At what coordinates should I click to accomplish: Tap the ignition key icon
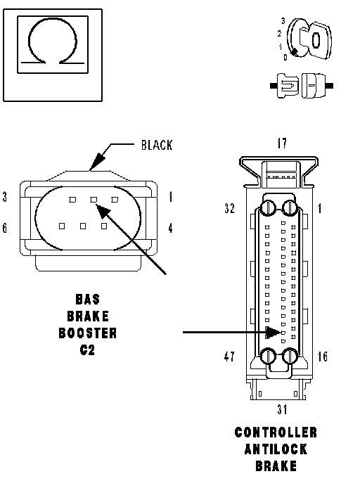point(309,39)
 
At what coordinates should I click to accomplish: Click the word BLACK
point(157,145)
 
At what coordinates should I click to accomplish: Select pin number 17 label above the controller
point(282,143)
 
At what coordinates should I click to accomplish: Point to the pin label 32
point(229,208)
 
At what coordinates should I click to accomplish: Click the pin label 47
point(229,357)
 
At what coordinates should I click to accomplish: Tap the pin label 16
point(322,357)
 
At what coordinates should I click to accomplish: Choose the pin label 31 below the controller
point(282,409)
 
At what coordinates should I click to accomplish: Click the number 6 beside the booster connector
point(5,229)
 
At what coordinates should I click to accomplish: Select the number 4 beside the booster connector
point(170,229)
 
